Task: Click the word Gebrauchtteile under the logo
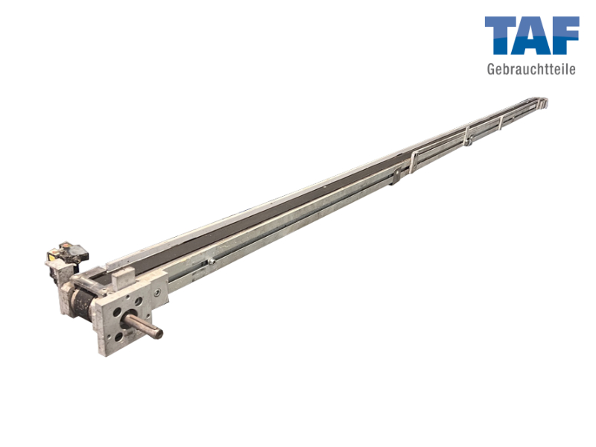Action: tap(532, 69)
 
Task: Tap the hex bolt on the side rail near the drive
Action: tap(212, 261)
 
